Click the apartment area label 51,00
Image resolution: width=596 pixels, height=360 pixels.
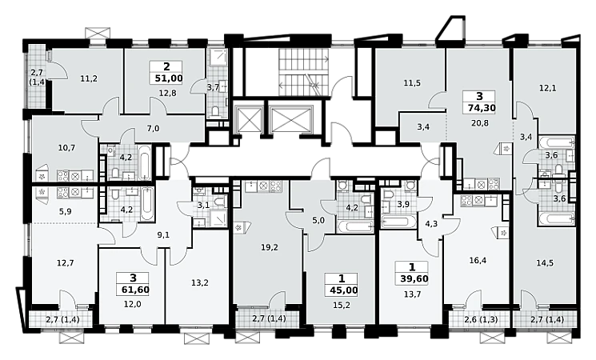point(169,78)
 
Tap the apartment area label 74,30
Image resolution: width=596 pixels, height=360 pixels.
point(482,108)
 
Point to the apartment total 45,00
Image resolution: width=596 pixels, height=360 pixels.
point(342,290)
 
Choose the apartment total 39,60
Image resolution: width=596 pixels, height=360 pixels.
point(414,279)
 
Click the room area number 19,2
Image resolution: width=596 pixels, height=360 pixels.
point(269,247)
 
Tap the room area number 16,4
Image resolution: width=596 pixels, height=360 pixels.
point(478,261)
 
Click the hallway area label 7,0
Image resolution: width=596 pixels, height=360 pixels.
point(153,129)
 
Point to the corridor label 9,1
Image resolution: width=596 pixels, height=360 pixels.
point(162,235)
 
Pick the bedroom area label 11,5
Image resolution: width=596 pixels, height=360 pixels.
point(412,82)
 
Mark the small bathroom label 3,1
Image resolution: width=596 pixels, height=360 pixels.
point(202,206)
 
